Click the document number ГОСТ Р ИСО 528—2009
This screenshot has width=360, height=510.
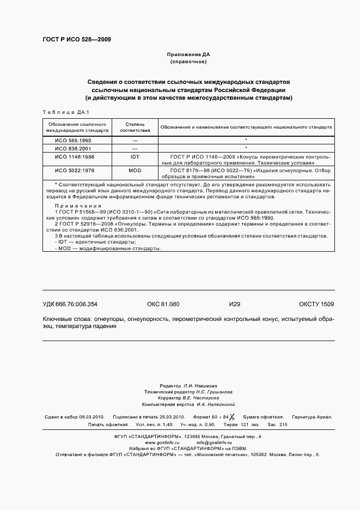[x=76, y=39]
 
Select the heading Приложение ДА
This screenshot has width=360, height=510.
[x=188, y=55]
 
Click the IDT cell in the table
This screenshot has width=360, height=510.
[x=135, y=156]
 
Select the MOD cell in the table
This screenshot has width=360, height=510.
[x=135, y=171]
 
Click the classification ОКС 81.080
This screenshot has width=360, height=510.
[x=163, y=304]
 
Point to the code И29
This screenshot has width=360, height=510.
[x=235, y=304]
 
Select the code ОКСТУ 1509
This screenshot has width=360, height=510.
[x=316, y=304]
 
